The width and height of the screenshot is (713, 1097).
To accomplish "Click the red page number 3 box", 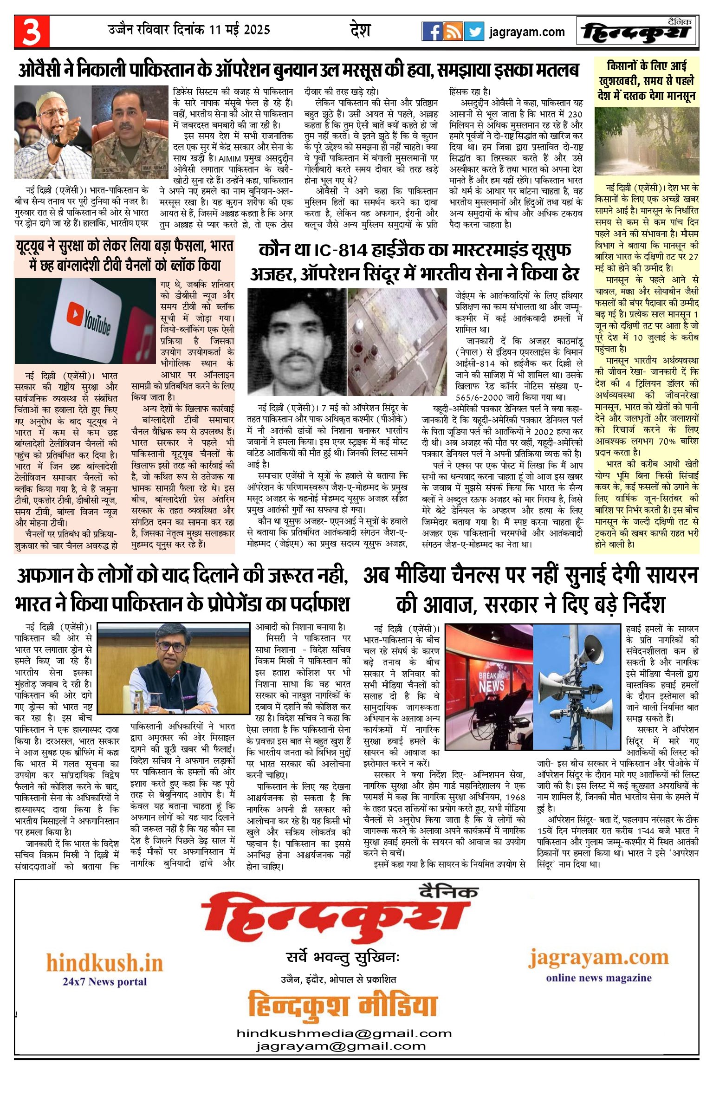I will click(32, 32).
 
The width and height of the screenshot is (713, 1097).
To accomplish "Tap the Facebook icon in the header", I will click(432, 32).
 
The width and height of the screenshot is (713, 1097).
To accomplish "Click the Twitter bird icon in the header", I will click(474, 32).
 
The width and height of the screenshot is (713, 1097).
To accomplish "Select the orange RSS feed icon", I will click(453, 32).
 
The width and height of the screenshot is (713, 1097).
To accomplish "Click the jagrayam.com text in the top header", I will click(527, 32).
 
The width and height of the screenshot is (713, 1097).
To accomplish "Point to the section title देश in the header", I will click(360, 31).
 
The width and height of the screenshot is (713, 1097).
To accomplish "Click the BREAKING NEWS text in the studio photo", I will click(491, 681).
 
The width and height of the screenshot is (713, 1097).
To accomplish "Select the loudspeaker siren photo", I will click(577, 686).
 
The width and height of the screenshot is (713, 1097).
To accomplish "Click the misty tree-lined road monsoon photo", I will click(647, 141).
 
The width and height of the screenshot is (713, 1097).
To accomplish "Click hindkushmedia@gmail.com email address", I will click(344, 1033).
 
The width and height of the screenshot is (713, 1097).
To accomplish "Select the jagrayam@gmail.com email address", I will click(341, 1046).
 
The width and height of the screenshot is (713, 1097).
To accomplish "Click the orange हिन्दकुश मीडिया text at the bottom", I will click(343, 1006).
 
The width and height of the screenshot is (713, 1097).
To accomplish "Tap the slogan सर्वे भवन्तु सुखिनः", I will click(343, 957).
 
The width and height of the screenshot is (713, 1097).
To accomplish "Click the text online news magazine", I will click(599, 978).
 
